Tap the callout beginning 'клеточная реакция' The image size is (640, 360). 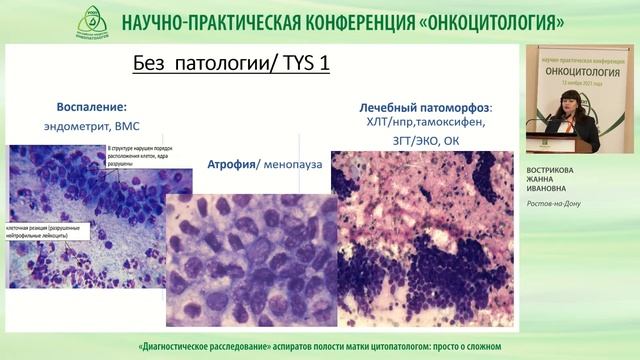point(48,231)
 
